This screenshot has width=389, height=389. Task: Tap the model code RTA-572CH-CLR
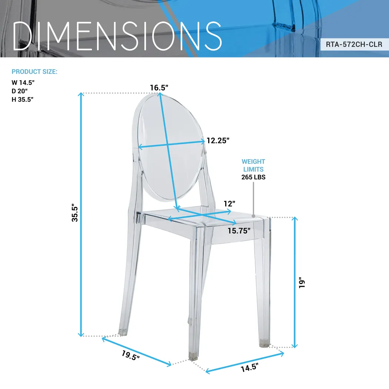tap(354, 44)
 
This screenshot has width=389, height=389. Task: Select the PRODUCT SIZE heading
tap(34, 72)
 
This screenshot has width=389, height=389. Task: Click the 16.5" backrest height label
tap(159, 87)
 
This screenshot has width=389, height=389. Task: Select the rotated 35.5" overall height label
tap(75, 213)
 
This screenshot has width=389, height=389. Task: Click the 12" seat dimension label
tap(229, 203)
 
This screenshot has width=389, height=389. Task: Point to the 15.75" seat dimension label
tap(239, 230)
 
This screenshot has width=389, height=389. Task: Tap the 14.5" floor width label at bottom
tap(249, 368)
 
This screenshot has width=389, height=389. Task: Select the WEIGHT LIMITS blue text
tap(253, 165)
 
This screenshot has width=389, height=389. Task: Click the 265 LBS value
tap(253, 177)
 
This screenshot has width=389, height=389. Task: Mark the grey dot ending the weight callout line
tap(254, 215)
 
